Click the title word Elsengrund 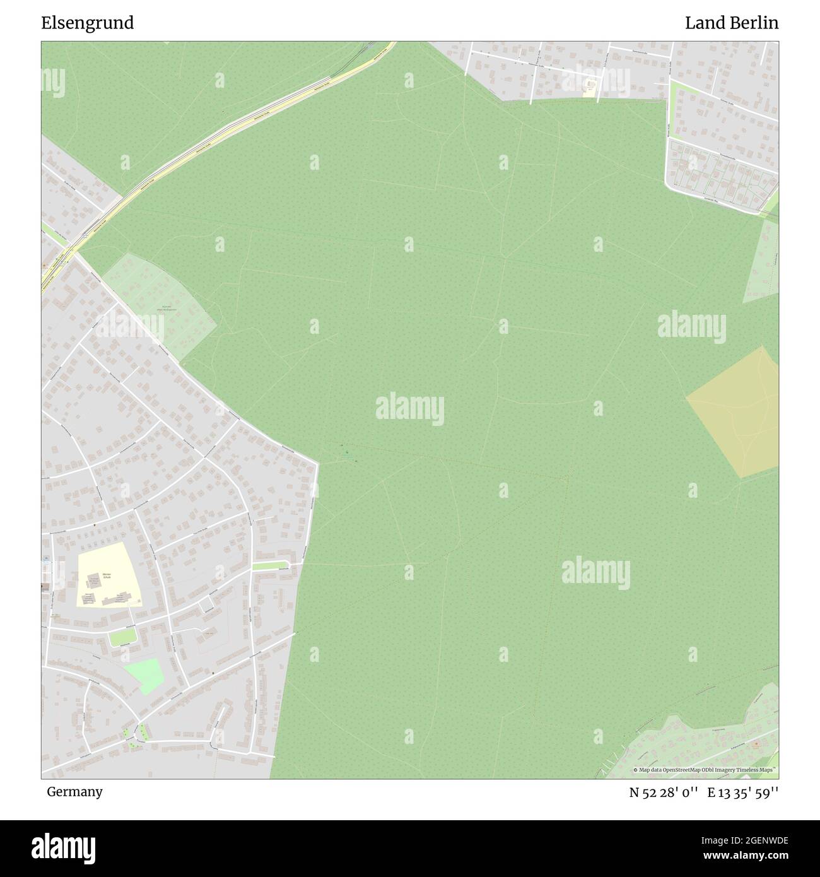pyautogui.click(x=88, y=23)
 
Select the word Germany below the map pyautogui.click(x=74, y=791)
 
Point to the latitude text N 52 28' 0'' pyautogui.click(x=664, y=792)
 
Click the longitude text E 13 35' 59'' pyautogui.click(x=743, y=792)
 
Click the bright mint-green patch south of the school pyautogui.click(x=144, y=676)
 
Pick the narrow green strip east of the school pyautogui.click(x=271, y=565)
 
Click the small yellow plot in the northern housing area pyautogui.click(x=590, y=88)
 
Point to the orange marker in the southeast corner pyautogui.click(x=756, y=744)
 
